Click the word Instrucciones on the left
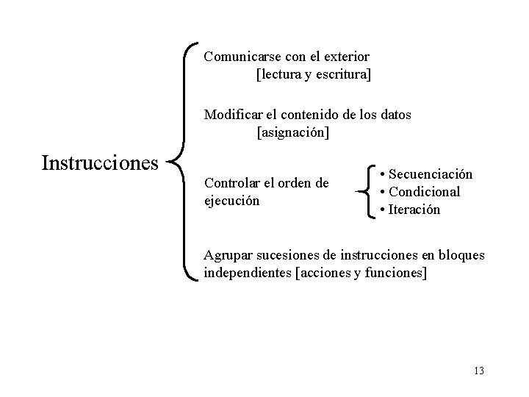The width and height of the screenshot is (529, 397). (x=100, y=162)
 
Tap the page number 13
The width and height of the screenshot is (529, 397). (x=479, y=370)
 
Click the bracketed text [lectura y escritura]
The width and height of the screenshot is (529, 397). (x=313, y=74)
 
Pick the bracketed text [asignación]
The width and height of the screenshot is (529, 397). (x=292, y=133)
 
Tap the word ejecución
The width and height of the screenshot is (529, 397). (x=231, y=199)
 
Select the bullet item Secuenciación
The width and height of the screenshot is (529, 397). (x=430, y=174)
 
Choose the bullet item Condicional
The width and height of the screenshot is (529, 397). (x=424, y=192)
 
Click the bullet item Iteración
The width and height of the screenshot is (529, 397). (x=414, y=210)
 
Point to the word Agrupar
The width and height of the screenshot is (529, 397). (x=228, y=255)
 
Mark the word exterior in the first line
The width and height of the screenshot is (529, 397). (x=345, y=56)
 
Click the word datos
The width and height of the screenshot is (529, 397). (x=393, y=115)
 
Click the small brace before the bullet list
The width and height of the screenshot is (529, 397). (x=366, y=191)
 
